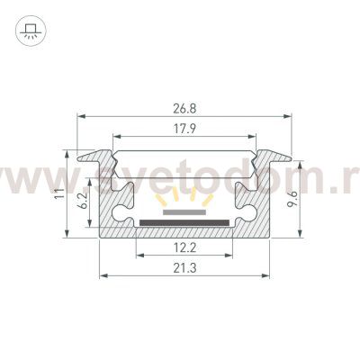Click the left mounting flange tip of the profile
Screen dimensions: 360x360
[x=79, y=158]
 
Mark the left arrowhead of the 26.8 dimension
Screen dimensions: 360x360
[x=79, y=117]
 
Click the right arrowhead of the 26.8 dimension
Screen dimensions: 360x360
[x=292, y=117]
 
